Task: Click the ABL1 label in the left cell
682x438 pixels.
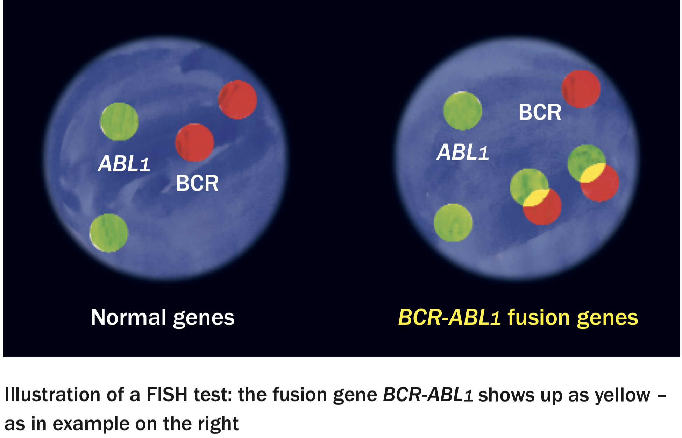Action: pyautogui.click(x=124, y=163)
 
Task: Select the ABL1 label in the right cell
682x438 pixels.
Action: pyautogui.click(x=463, y=152)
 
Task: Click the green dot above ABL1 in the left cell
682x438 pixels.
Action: pyautogui.click(x=119, y=121)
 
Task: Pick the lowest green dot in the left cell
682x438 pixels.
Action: pyautogui.click(x=109, y=233)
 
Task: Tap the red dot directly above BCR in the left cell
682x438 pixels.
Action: pyautogui.click(x=194, y=142)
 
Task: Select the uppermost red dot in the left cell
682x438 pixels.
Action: pyautogui.click(x=238, y=100)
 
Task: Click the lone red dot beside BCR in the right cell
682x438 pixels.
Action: pyautogui.click(x=581, y=89)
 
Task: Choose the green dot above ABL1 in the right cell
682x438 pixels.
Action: pyautogui.click(x=463, y=111)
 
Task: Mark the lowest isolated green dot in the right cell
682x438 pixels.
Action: pyautogui.click(x=453, y=222)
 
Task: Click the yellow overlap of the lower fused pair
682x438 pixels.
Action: pyautogui.click(x=535, y=198)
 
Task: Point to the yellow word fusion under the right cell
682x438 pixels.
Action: pyautogui.click(x=539, y=317)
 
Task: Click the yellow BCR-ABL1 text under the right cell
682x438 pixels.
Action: pyautogui.click(x=449, y=317)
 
